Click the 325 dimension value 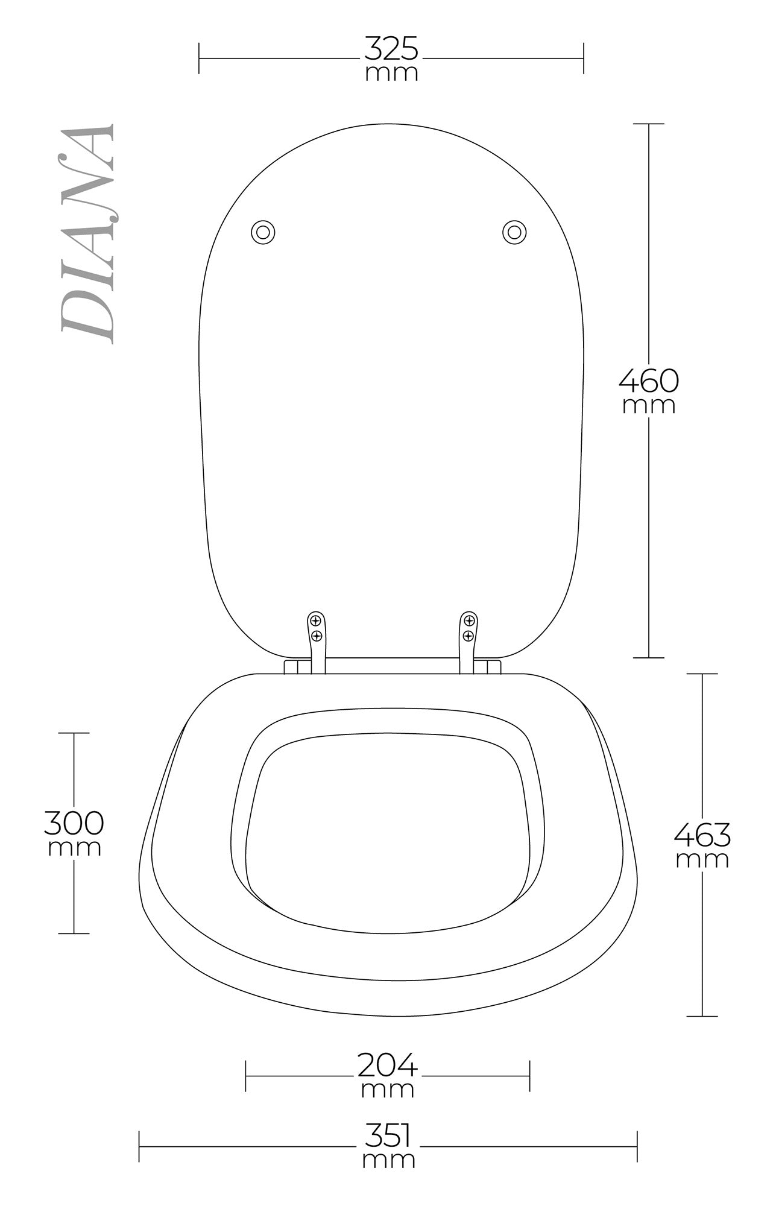point(391,48)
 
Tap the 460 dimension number point(649,380)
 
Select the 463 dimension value point(702,835)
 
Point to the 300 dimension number point(74,822)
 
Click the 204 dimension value point(388,1065)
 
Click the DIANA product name point(87,234)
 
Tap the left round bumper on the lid point(263,232)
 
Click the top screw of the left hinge point(315,620)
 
